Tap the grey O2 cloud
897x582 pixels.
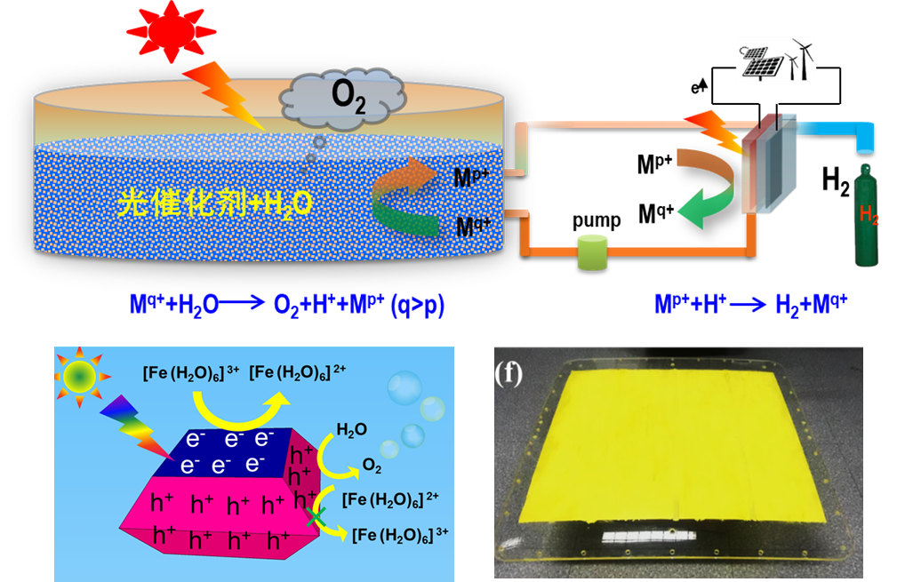point(343,95)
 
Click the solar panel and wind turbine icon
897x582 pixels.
point(775,60)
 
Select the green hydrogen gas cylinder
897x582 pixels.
point(867,218)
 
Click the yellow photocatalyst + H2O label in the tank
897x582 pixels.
point(213,203)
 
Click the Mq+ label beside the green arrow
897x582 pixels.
point(470,227)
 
